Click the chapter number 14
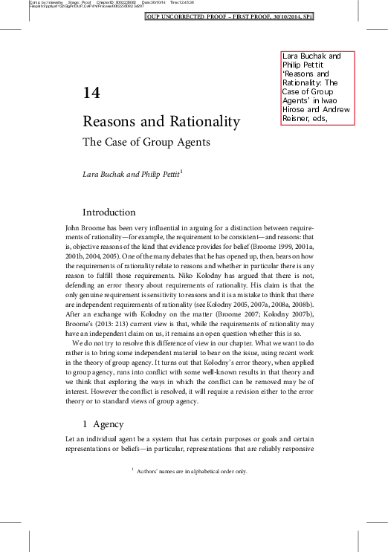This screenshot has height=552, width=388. pyautogui.click(x=91, y=93)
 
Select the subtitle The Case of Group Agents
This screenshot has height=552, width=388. pyautogui.click(x=146, y=141)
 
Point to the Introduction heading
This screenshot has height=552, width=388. pyautogui.click(x=109, y=212)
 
